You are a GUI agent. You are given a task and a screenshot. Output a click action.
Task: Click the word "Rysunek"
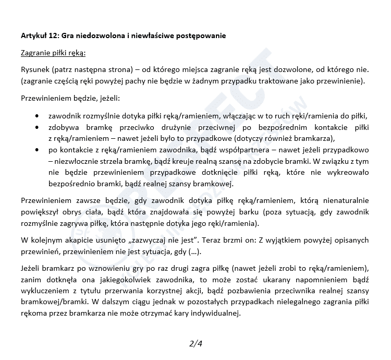point(35,69)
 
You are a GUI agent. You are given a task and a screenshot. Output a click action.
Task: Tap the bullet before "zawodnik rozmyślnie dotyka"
point(35,116)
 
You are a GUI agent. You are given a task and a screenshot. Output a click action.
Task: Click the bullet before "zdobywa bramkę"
point(35,127)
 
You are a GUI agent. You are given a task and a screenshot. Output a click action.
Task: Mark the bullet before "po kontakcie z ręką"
point(35,150)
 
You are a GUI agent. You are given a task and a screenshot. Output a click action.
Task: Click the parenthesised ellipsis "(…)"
point(191,252)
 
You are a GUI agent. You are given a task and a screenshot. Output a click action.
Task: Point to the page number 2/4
point(195,343)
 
